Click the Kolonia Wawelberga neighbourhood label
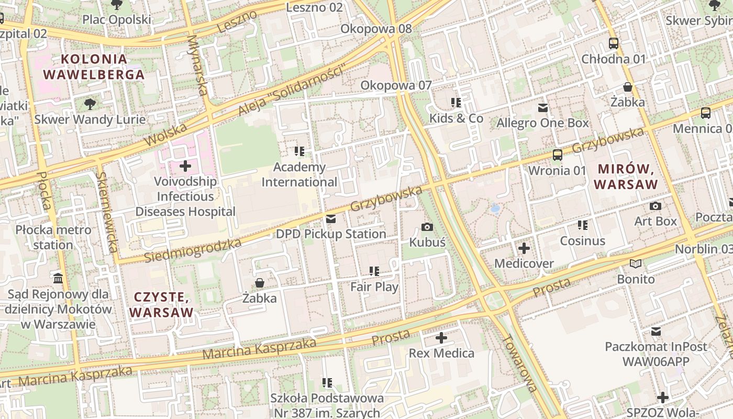point(94,67)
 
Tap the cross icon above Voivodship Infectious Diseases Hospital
point(185,167)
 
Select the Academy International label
point(299,174)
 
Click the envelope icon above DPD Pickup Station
point(331,219)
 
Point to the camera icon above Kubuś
point(427,227)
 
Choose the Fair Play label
point(374,286)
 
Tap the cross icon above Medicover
point(524,248)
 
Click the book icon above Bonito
point(636,264)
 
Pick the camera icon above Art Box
point(656,206)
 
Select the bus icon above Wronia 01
point(558,155)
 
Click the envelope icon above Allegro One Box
point(543,108)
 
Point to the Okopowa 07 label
point(396,85)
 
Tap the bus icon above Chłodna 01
point(614,43)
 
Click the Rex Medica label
point(441,353)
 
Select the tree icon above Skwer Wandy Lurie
point(90,104)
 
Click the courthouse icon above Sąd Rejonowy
point(58,278)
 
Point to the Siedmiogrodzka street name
point(193,251)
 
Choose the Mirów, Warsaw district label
point(626,177)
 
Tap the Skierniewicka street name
point(108,212)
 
